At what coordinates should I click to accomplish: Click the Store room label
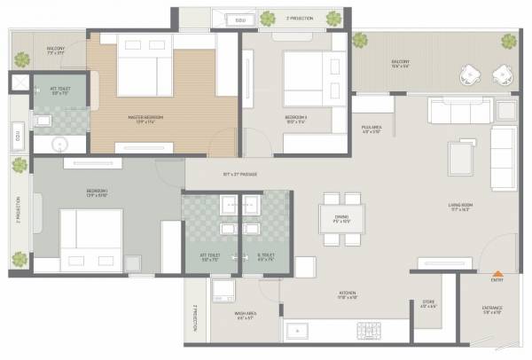click(428, 304)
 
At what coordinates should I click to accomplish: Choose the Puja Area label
click(371, 129)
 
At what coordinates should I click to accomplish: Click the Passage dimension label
click(240, 174)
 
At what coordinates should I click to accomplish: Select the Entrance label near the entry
click(492, 309)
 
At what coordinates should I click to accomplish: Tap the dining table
click(342, 220)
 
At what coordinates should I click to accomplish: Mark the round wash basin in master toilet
click(60, 145)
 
